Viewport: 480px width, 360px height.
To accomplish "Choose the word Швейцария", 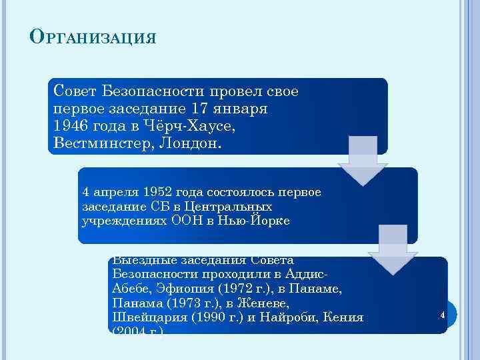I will click(147, 317).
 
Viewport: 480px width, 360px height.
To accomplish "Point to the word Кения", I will click(346, 317).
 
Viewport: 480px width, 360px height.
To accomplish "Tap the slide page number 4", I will click(443, 313).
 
